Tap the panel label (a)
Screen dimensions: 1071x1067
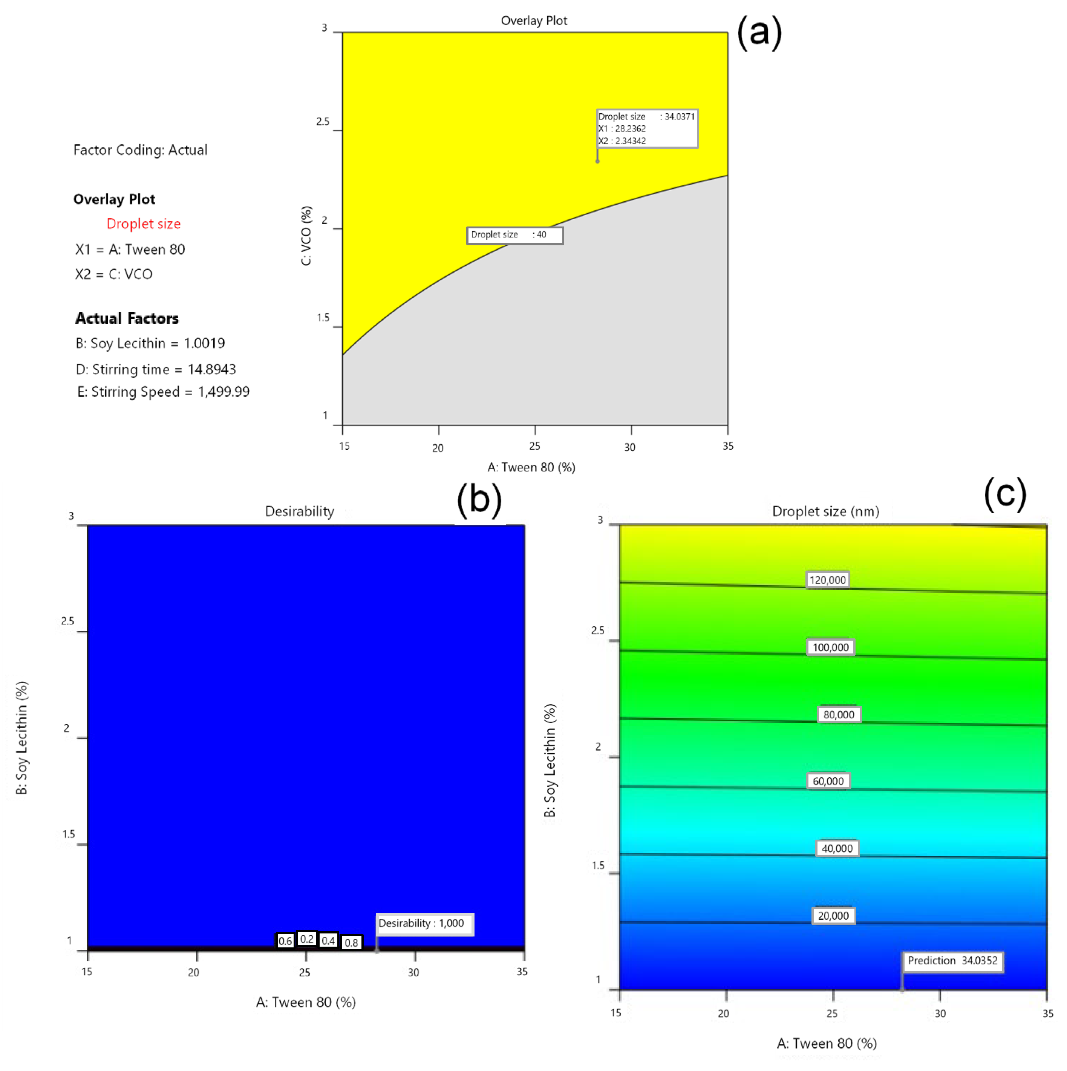click(759, 32)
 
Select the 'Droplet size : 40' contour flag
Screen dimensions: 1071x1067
click(514, 235)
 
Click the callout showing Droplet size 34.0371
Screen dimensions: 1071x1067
click(646, 129)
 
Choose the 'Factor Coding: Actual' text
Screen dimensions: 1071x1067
click(140, 150)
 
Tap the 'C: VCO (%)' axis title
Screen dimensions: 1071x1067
click(306, 236)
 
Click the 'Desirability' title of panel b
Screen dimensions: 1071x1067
click(299, 511)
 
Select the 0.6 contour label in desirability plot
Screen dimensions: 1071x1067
click(285, 941)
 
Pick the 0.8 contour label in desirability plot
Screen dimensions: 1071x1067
click(351, 942)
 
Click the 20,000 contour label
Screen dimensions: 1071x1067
click(833, 916)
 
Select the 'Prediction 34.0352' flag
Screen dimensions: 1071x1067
click(952, 961)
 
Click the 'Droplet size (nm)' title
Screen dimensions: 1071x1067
click(825, 511)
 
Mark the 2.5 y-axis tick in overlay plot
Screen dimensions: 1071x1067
click(323, 121)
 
